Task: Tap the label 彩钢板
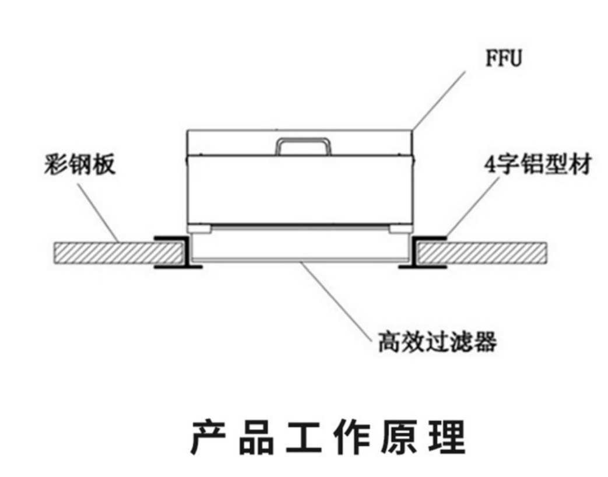[79, 165]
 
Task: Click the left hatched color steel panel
[117, 252]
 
